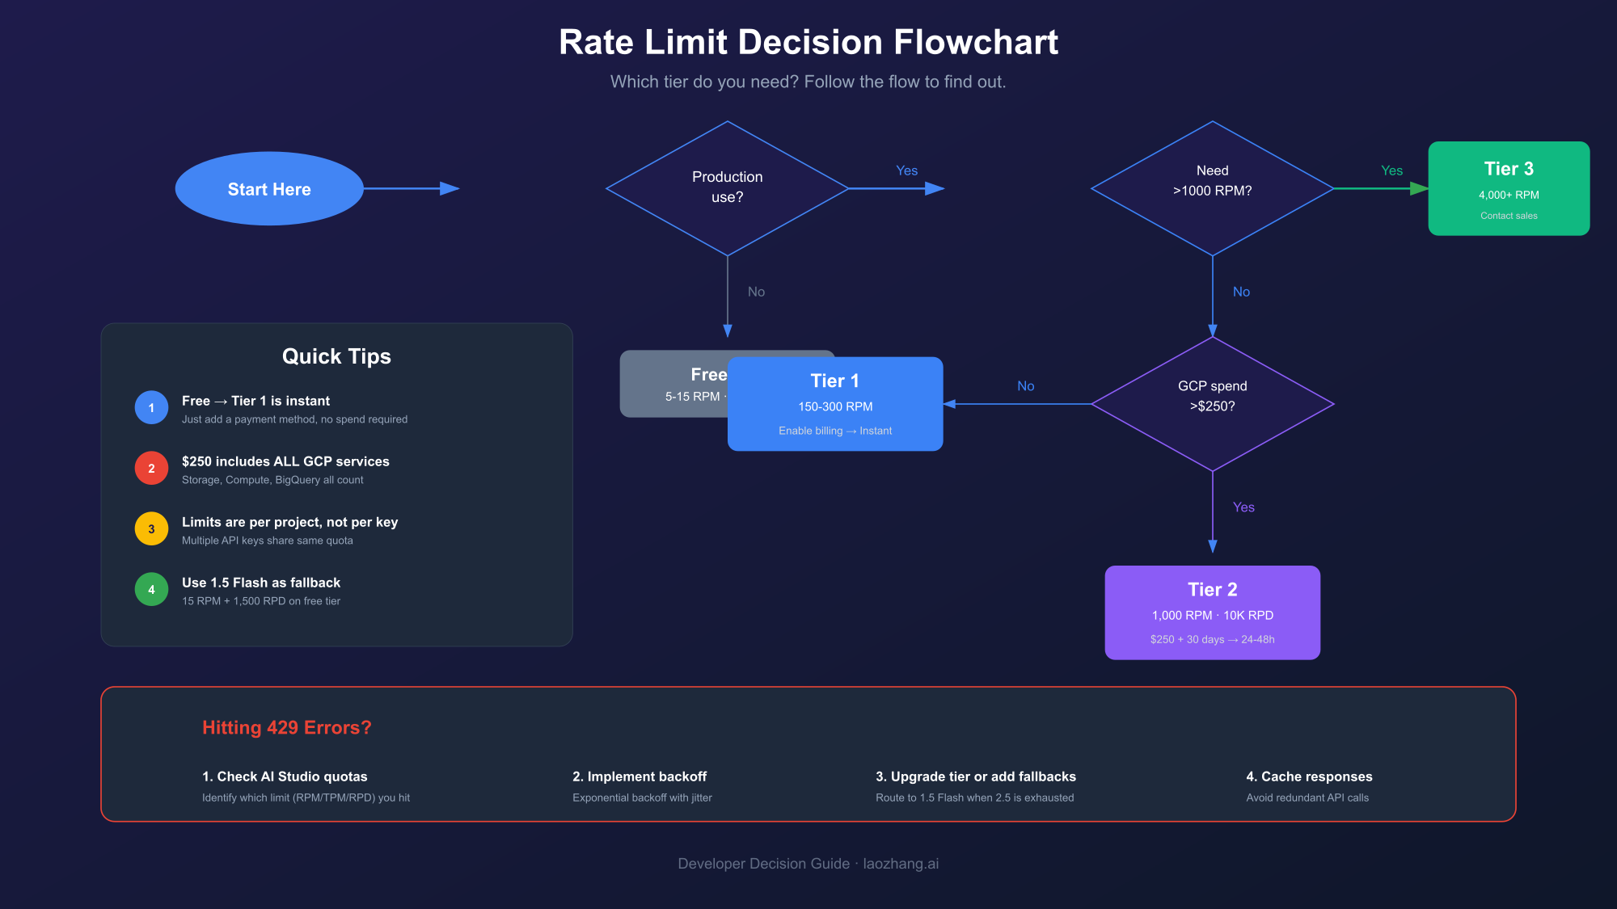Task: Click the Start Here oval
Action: tap(269, 188)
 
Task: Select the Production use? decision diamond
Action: tap(727, 187)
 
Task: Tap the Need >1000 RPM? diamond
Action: tap(1212, 187)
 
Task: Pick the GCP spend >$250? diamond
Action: tap(1212, 403)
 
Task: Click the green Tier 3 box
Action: tap(1509, 188)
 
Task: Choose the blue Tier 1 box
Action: tap(835, 404)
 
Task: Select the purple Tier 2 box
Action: tap(1212, 612)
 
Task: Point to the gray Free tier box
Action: tap(671, 384)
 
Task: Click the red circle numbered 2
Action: tap(151, 468)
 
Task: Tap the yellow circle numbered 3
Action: tap(151, 528)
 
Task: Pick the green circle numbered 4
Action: tap(151, 589)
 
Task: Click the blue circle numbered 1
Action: tap(151, 407)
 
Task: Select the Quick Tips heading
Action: tap(336, 356)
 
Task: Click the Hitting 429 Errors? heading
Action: tap(286, 727)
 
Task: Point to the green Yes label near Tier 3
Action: tap(1391, 170)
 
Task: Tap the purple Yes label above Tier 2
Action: tap(1243, 507)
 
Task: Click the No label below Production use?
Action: tap(756, 292)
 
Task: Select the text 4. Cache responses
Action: tap(1309, 776)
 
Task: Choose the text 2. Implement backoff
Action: tap(640, 776)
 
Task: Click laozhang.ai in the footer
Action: tap(901, 864)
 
